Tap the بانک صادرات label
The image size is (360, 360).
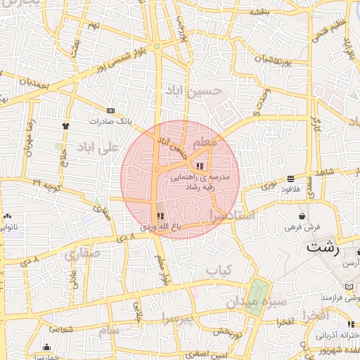tap(112, 121)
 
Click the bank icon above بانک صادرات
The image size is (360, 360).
tap(111, 110)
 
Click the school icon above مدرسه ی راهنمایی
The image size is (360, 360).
tap(201, 166)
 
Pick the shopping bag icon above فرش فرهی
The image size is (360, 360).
tap(302, 216)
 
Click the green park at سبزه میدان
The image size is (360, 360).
tap(257, 297)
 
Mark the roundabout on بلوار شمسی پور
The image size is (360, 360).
tap(157, 46)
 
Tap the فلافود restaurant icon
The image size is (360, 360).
tap(291, 179)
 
